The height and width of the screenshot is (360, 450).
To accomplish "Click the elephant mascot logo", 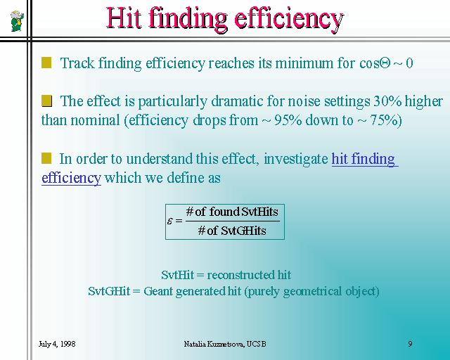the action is tap(17, 21).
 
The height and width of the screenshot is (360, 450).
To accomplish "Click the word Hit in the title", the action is tap(124, 18).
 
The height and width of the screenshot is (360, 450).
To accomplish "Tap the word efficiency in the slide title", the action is tap(289, 19).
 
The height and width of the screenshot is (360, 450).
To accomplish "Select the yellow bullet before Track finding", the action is tap(46, 63).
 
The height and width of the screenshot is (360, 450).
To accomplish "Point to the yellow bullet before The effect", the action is tap(46, 101).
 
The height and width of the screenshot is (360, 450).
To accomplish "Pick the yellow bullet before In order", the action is tap(46, 158).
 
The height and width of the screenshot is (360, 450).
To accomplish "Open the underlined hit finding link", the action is tap(364, 159).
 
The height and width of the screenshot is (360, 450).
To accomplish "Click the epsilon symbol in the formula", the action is tap(170, 221).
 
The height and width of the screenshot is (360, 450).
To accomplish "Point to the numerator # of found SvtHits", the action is tap(232, 212).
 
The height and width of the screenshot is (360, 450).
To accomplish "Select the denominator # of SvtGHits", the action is tap(232, 231).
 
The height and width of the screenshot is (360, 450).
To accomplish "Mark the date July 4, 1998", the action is tap(57, 344).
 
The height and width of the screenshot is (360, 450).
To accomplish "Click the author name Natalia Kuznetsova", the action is tap(214, 344).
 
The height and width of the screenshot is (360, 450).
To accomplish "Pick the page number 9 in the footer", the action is tap(410, 344).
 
